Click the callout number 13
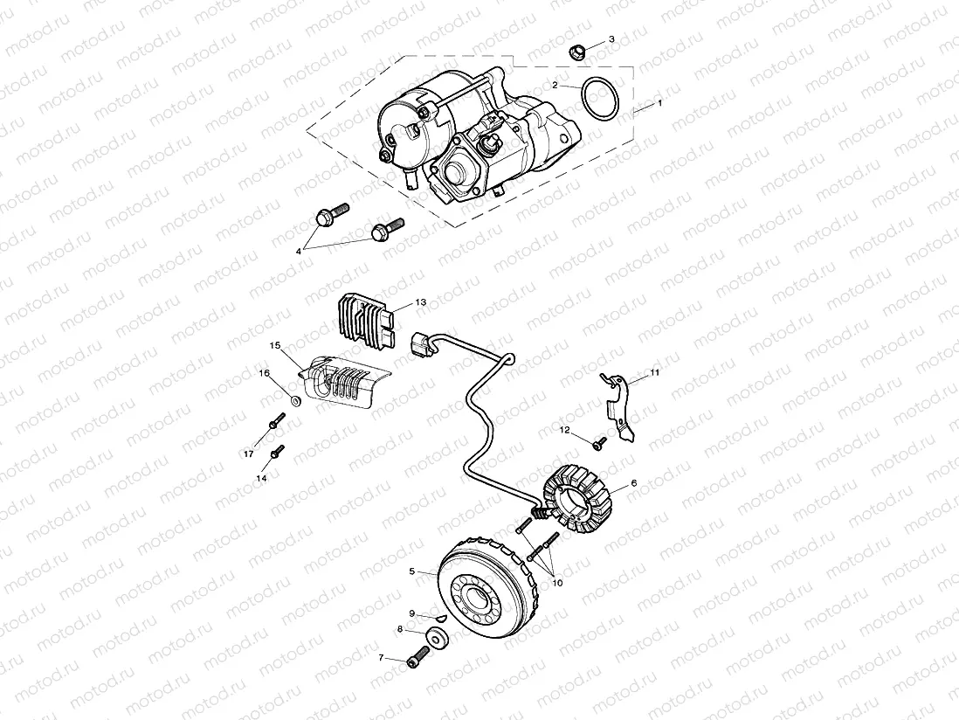[421, 302]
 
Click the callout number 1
[659, 103]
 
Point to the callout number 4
[299, 251]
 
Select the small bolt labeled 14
[278, 452]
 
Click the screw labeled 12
[600, 444]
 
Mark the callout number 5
[411, 571]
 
